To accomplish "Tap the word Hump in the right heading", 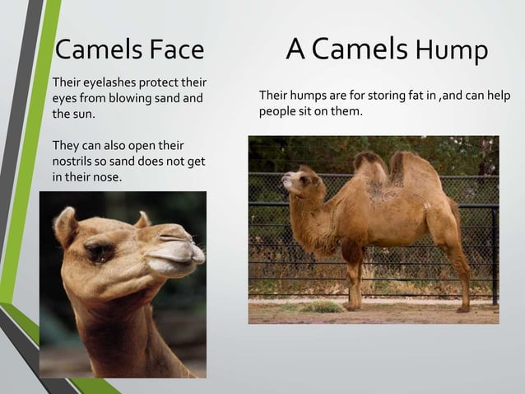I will (452, 51).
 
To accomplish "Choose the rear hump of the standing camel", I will (406, 167).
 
